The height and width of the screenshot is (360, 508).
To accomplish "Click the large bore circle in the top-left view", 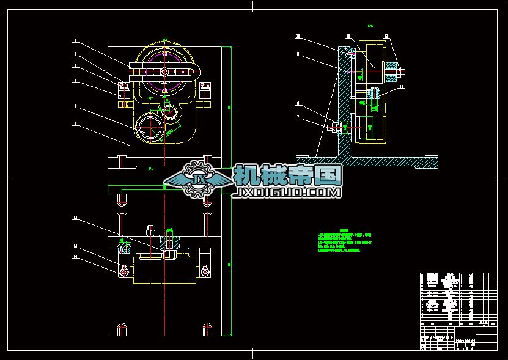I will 150,129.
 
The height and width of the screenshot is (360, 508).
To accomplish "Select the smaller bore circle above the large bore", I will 169,112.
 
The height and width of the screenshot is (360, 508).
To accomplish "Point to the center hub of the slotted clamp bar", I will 164,72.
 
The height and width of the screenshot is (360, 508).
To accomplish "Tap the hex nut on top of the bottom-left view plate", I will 150,231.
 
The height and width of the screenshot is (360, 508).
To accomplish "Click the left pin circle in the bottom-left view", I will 123,271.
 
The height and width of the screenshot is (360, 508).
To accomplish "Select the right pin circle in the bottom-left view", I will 204,271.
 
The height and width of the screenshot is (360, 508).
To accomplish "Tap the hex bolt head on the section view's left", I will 333,128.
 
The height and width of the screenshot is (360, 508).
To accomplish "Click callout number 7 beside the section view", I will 298,116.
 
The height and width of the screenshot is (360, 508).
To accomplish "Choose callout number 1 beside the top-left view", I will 75,123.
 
